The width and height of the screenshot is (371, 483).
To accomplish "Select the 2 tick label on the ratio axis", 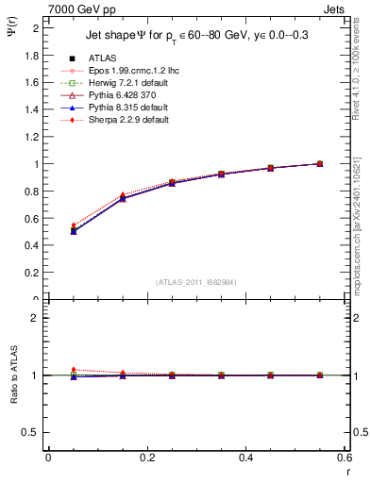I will (x=36, y=318).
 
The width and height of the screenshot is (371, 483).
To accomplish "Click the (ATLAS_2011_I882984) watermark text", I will (x=195, y=282).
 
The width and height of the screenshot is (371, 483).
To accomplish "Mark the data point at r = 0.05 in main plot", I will (x=48, y=230).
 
